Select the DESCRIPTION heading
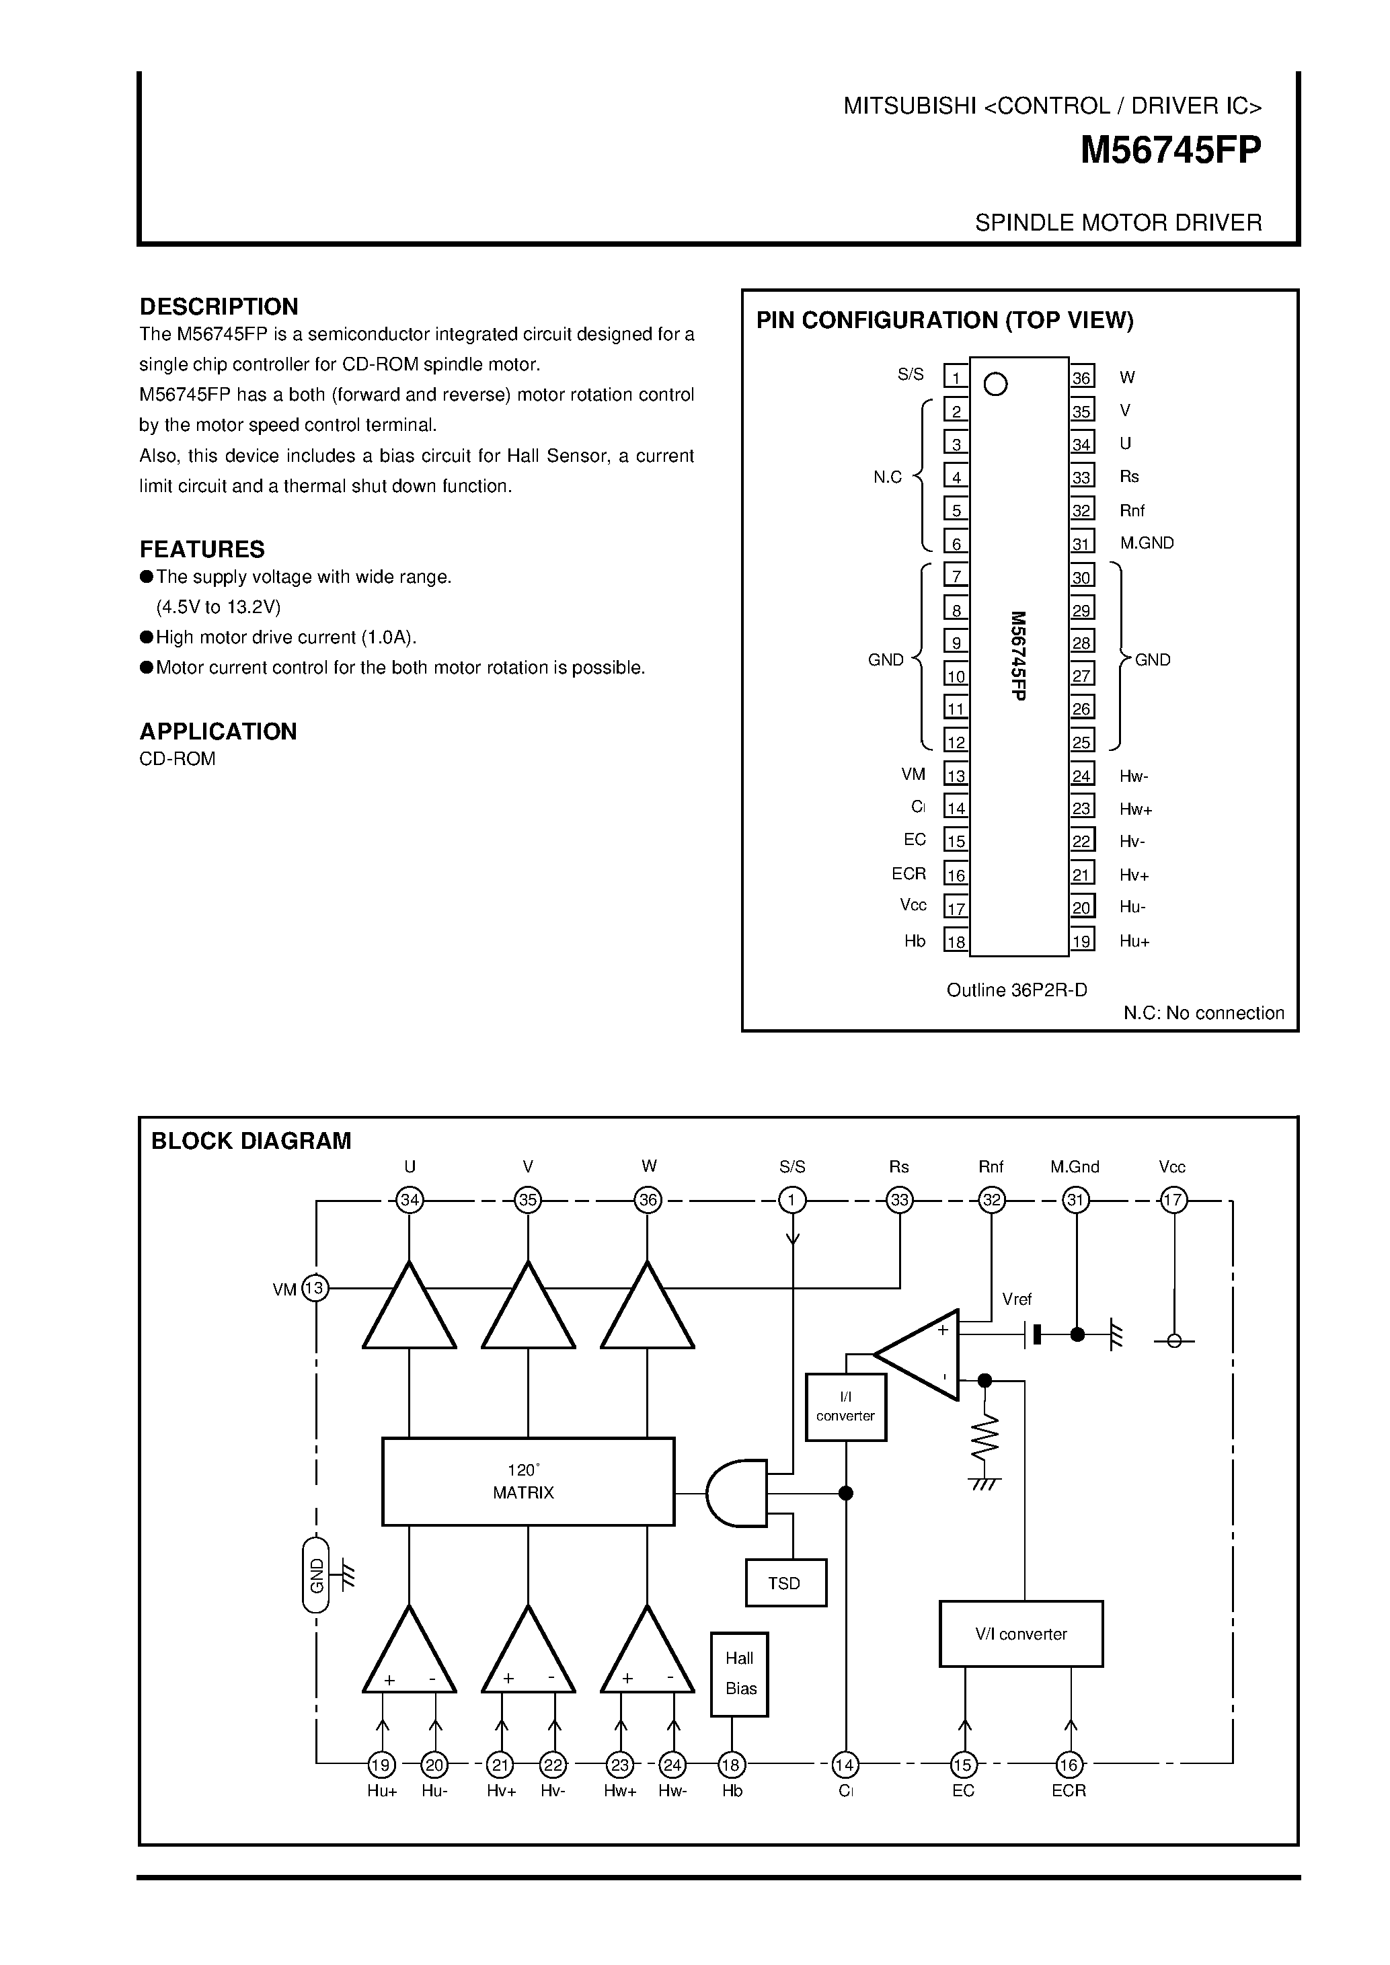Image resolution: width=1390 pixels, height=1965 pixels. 219,307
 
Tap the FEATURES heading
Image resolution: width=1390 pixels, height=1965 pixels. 202,549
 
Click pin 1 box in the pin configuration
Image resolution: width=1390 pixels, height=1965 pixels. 955,376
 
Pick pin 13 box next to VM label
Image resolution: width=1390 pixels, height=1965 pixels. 955,774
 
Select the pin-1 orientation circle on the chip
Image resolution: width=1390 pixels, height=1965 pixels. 995,385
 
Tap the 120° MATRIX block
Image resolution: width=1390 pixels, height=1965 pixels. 527,1482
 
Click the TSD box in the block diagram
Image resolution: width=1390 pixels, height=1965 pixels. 785,1583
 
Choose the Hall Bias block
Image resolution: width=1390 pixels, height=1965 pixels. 740,1673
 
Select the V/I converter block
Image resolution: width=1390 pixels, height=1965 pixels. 1020,1634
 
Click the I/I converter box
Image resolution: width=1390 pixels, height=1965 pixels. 846,1408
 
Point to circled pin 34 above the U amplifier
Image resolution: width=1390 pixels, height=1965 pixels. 410,1200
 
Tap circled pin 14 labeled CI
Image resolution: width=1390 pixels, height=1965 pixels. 845,1764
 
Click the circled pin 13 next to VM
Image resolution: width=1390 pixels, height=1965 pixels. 315,1288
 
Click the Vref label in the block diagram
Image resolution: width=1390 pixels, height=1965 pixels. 1017,1299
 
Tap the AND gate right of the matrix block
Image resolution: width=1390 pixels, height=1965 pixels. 737,1494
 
